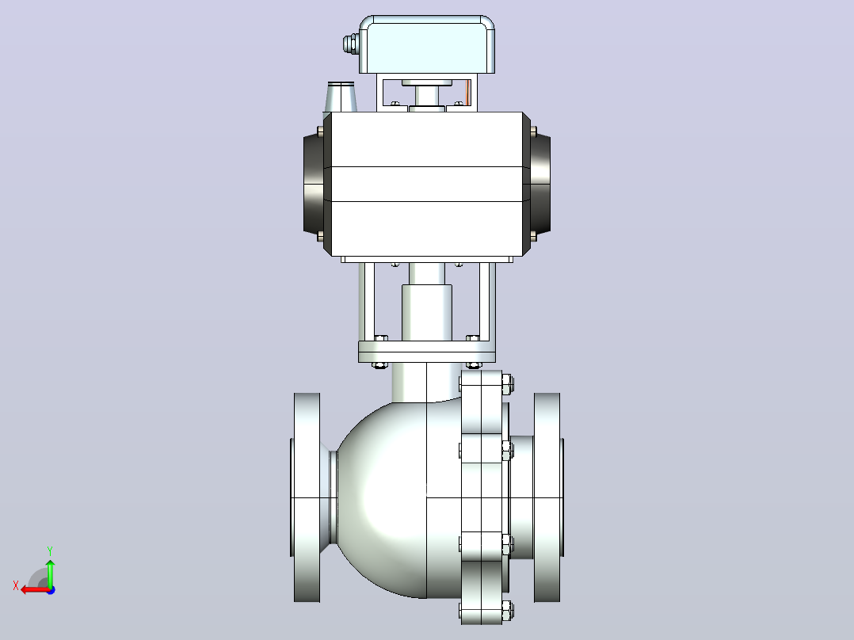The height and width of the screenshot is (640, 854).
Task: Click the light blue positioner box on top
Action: pos(427,44)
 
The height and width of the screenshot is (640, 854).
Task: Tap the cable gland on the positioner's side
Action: pos(351,44)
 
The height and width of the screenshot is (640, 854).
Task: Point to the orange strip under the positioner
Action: pos(468,93)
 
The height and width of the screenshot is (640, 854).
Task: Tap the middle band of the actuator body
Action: pos(427,184)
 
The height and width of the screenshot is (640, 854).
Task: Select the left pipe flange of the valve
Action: pos(307,497)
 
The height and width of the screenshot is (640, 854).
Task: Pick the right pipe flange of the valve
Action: pos(548,497)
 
